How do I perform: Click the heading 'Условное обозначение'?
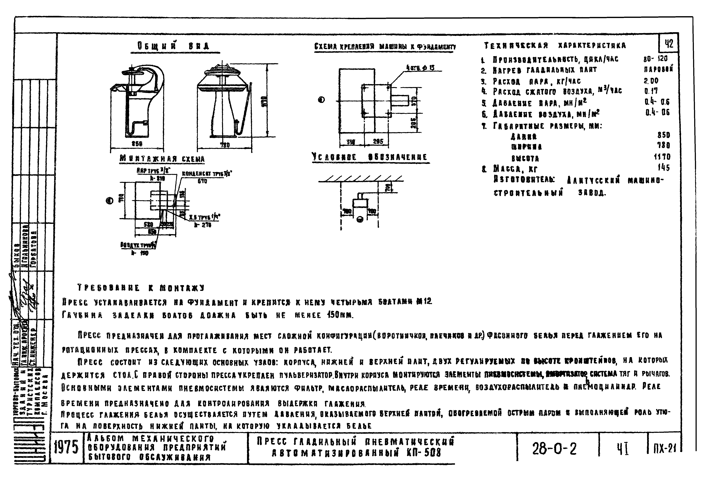pyautogui.click(x=370, y=157)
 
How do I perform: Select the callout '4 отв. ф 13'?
pyautogui.click(x=420, y=68)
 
